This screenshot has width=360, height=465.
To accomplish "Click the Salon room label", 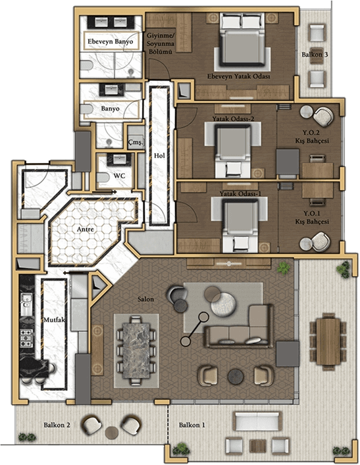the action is point(145,299).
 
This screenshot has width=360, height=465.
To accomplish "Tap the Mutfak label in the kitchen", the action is point(55,320).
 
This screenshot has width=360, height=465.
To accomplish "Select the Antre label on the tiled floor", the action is point(86,230).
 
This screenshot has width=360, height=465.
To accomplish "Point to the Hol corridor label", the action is point(159,155).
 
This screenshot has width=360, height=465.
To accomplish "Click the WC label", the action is point(119,176).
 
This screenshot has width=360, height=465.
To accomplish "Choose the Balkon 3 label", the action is point(315,55).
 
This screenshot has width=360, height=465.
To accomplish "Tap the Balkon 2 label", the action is point(57,425).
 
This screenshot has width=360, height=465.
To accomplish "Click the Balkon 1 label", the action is point(192,425).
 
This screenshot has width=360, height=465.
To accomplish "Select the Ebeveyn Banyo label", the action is point(110,41).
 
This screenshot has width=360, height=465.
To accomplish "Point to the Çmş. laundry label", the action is point(136,142).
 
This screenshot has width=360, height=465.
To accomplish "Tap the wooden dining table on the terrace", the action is point(328,341).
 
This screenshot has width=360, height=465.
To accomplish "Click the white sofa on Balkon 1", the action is point(257,421).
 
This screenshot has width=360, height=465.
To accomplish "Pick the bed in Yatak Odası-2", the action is point(233,151).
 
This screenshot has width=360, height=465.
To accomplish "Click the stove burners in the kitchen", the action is point(26,338).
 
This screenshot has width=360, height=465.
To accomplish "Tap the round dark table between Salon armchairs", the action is point(236,377).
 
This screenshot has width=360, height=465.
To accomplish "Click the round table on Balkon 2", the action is point(112,433).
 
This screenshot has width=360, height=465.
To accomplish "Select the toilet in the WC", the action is point(103,178).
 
